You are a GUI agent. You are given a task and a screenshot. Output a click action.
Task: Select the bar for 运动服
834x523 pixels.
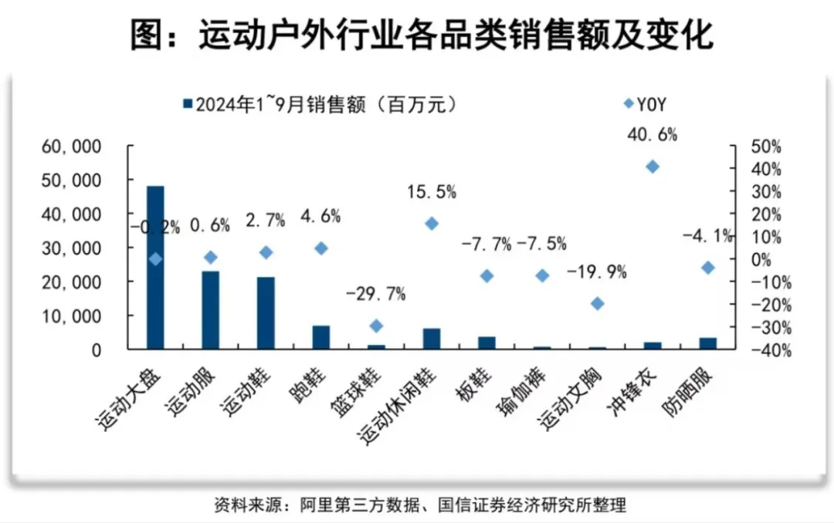click(x=210, y=310)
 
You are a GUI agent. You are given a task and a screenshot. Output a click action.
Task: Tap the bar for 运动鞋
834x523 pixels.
click(x=266, y=313)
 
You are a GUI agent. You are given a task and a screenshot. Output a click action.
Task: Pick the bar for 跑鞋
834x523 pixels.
click(x=320, y=337)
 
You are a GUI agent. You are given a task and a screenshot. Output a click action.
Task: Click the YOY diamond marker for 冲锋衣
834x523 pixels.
click(x=652, y=167)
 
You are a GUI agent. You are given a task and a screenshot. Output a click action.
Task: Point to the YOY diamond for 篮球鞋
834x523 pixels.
click(x=376, y=326)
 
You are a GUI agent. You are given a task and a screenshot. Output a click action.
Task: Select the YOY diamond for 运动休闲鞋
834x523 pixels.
click(x=432, y=224)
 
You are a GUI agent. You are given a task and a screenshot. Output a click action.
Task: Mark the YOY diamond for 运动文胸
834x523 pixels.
click(x=597, y=304)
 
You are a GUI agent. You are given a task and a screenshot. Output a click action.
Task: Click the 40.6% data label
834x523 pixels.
click(x=652, y=135)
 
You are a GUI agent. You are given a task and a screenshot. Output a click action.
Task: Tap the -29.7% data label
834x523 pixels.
click(x=376, y=293)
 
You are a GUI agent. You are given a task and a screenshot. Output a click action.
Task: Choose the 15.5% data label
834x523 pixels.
click(x=431, y=190)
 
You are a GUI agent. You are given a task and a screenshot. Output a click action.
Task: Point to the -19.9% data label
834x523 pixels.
click(x=596, y=272)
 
